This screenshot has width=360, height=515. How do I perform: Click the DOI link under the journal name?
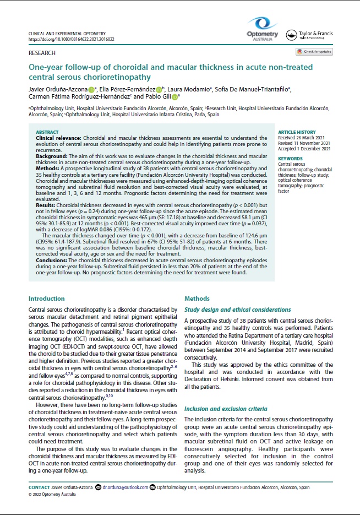tap(66, 40)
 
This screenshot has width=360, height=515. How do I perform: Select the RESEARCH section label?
tap(42, 53)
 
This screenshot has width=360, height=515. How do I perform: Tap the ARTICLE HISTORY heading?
tap(296, 133)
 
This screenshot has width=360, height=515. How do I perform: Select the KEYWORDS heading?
tap(290, 159)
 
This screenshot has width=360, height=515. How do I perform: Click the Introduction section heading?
tap(47, 299)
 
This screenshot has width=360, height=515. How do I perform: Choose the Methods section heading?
tap(197, 299)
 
